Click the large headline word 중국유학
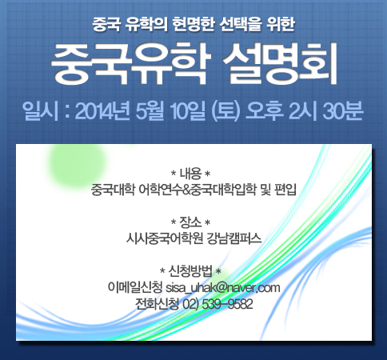(129, 64)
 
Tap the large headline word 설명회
(280, 64)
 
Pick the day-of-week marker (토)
(225, 111)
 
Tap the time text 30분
(343, 111)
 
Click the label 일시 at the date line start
(40, 111)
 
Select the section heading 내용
(190, 174)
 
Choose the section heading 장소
(190, 222)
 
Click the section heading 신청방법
(190, 271)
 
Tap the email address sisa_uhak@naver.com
(223, 288)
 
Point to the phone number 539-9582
(227, 304)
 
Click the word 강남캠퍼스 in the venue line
(234, 238)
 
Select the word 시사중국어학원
(164, 238)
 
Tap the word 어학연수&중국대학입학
(197, 190)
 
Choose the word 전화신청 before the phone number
(157, 304)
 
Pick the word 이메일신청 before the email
(135, 288)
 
